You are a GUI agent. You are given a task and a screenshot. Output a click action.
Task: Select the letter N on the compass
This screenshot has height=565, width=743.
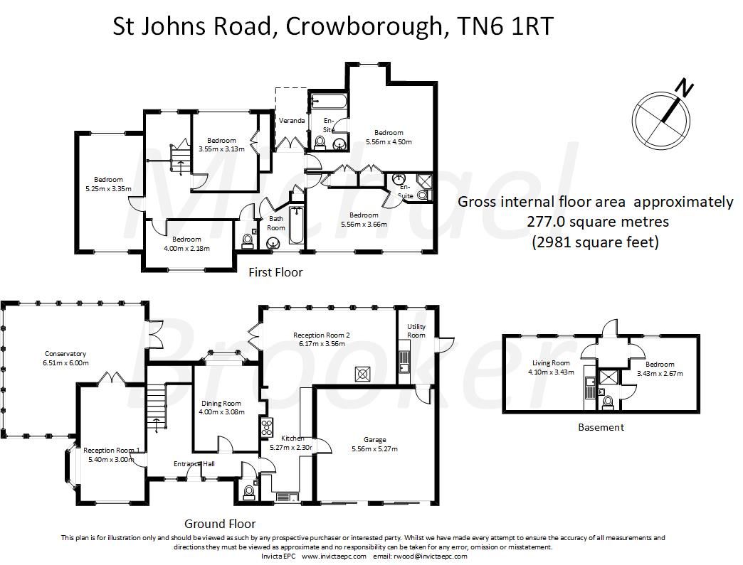684,88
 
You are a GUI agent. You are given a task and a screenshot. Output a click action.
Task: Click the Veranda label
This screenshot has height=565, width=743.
292,121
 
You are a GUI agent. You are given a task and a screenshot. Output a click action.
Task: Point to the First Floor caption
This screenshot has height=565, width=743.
275,272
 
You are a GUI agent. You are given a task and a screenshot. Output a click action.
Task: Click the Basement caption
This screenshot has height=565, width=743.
601,427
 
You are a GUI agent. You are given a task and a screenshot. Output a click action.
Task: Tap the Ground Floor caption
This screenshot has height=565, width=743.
220,524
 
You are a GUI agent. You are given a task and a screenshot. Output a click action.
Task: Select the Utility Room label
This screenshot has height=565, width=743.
416,330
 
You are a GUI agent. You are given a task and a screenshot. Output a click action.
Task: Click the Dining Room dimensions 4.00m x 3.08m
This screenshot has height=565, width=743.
221,411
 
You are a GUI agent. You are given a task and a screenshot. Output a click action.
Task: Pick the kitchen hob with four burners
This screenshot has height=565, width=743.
268,428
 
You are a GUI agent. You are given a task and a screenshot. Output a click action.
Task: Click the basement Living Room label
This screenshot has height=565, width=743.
550,362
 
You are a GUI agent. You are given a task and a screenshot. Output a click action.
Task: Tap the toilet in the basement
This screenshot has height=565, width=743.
606,403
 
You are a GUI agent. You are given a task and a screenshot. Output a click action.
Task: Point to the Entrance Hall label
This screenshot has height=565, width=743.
194,464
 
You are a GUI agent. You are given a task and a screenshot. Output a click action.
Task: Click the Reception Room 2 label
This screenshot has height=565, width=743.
323,335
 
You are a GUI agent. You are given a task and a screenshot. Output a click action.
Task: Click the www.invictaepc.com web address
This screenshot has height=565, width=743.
333,556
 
